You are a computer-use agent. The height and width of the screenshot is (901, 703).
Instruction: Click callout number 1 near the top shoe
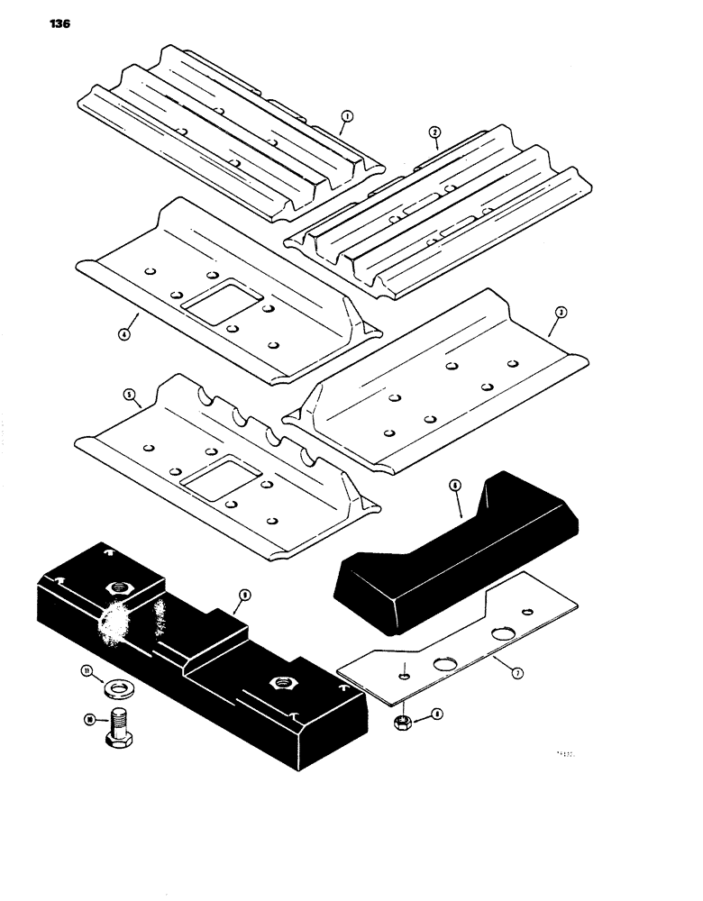tap(347, 115)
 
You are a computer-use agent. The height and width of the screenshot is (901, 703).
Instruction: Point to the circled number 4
tap(124, 332)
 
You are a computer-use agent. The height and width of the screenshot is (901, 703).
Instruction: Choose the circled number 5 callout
tap(128, 394)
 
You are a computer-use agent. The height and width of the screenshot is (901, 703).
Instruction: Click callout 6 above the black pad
tap(455, 486)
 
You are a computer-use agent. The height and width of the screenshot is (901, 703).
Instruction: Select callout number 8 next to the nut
tap(436, 714)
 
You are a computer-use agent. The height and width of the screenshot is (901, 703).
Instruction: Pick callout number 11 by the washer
tap(87, 671)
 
